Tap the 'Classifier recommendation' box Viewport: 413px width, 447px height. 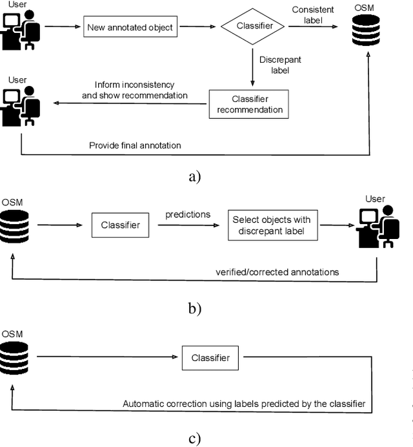click(250, 104)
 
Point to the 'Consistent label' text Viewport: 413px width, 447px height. click(312, 15)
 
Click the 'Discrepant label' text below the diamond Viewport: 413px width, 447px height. click(280, 65)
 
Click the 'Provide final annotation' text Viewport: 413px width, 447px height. click(134, 145)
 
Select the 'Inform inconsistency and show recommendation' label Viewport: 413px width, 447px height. click(134, 90)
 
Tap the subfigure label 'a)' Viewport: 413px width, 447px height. click(195, 176)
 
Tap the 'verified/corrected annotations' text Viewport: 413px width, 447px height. click(277, 272)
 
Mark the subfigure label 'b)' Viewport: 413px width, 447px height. click(195, 308)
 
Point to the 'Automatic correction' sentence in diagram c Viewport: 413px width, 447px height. click(244, 404)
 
